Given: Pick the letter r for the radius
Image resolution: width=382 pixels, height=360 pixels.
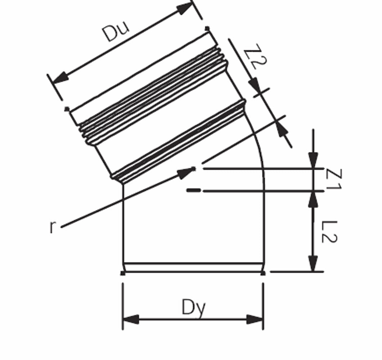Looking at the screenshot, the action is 52,227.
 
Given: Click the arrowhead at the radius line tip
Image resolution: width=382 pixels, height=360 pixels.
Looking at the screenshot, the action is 186,172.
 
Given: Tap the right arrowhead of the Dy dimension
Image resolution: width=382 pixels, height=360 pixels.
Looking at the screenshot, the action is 255,319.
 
